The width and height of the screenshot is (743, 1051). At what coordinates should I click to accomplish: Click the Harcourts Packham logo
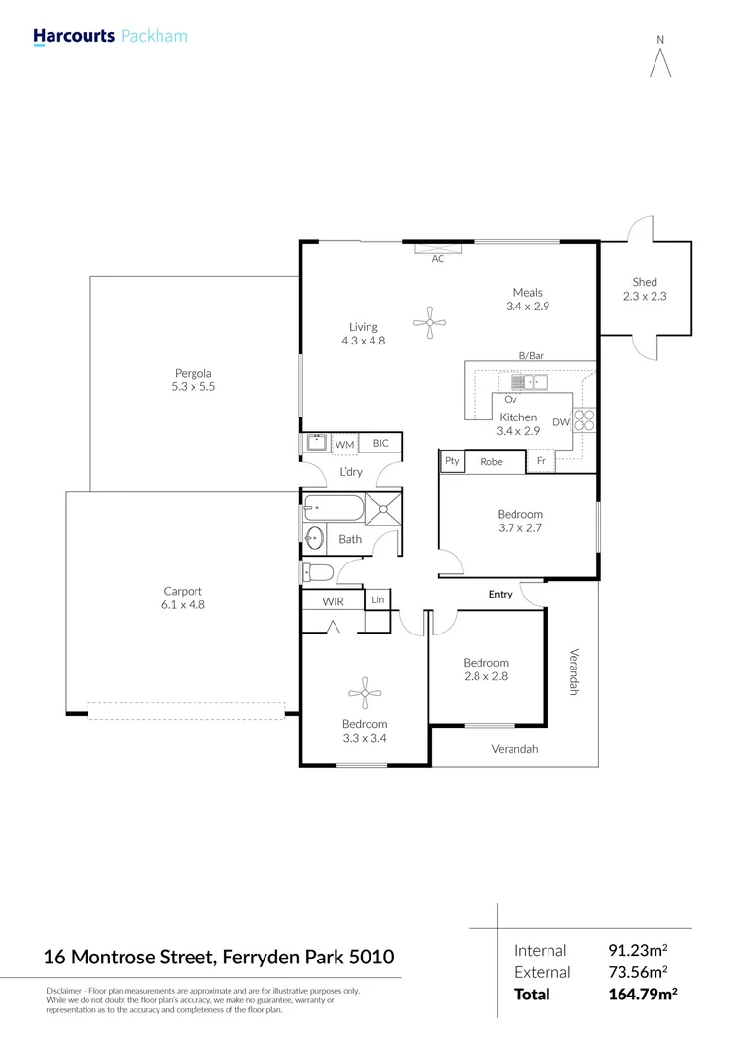click(x=110, y=37)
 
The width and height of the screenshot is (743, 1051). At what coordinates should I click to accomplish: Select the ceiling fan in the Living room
click(x=429, y=323)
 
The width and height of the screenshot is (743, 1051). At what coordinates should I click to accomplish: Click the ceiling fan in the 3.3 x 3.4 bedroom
click(x=364, y=694)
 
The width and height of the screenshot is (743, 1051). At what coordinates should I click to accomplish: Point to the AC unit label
click(x=438, y=259)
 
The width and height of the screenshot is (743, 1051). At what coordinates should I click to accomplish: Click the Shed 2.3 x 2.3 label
click(x=645, y=289)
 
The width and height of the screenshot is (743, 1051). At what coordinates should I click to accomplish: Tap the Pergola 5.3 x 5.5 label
click(x=194, y=380)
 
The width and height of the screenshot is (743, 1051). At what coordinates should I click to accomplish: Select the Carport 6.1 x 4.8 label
click(x=184, y=598)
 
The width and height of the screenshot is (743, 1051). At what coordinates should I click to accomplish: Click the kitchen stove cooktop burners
click(x=584, y=419)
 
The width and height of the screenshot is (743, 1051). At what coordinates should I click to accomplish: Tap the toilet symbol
click(x=318, y=571)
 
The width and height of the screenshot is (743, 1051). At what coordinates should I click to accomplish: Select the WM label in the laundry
click(x=344, y=445)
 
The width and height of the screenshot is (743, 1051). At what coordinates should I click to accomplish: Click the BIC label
click(x=380, y=444)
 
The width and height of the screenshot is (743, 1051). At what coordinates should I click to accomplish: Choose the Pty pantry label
click(x=452, y=461)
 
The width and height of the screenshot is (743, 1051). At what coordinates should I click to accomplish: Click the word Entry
click(x=500, y=594)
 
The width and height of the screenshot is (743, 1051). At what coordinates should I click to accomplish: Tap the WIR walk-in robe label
click(x=334, y=602)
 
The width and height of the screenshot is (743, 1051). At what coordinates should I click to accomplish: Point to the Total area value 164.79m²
click(x=639, y=995)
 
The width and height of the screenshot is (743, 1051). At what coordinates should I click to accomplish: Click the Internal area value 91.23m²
click(x=637, y=950)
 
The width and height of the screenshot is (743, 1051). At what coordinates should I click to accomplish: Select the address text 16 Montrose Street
click(x=128, y=958)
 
